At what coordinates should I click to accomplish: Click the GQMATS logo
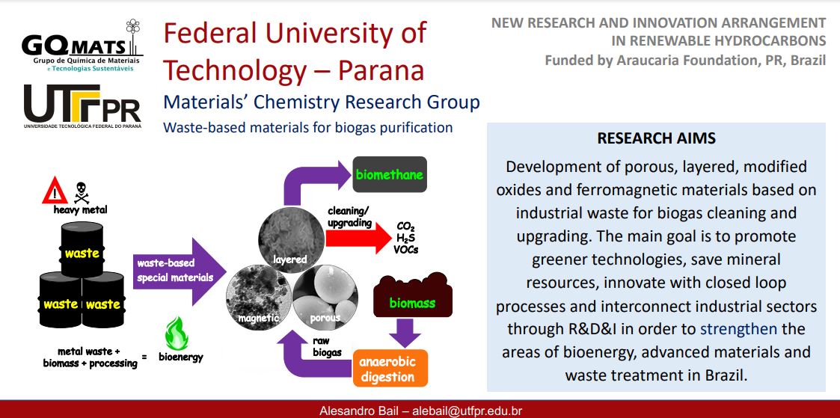[x=82, y=46]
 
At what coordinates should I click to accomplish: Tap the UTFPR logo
[x=82, y=106]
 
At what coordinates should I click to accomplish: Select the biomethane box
[x=390, y=174]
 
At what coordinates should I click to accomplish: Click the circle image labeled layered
[x=291, y=237]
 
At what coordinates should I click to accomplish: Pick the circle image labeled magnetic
[x=260, y=296]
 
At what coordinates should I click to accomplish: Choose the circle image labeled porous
[x=325, y=296]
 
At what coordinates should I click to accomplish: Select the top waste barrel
[x=82, y=250]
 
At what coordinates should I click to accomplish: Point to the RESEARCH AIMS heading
[x=656, y=138]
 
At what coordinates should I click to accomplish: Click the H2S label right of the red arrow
[x=407, y=239]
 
